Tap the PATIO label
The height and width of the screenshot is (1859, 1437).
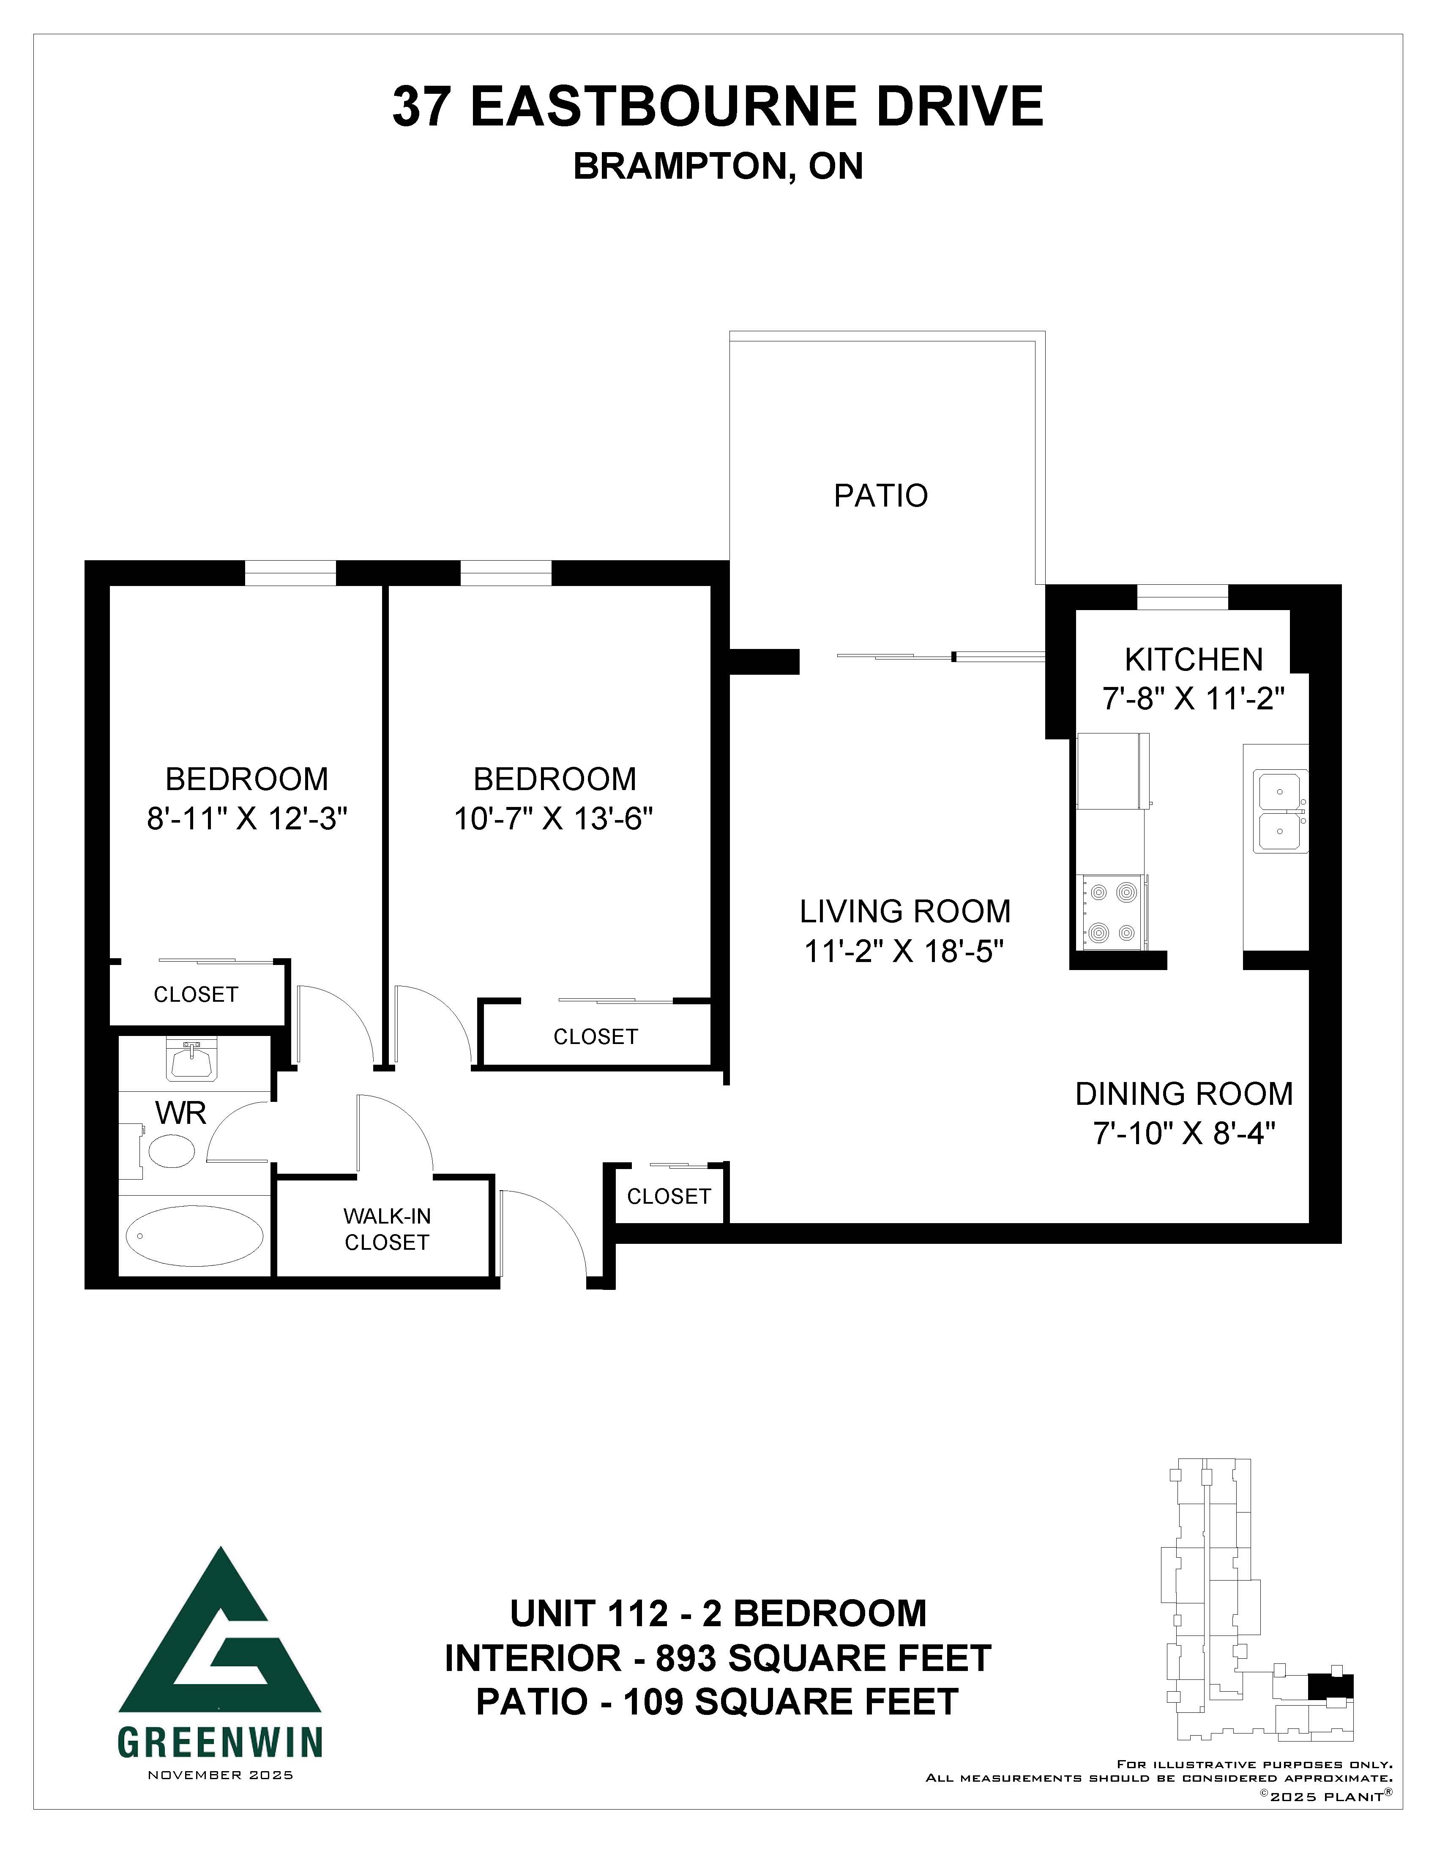[880, 496]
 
